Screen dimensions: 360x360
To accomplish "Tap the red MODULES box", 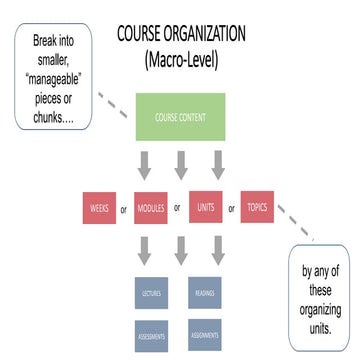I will [150, 210].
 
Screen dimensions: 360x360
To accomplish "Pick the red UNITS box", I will [203, 210].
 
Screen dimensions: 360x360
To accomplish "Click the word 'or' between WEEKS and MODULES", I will [123, 211].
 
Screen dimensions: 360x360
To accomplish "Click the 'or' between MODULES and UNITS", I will [177, 208].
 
